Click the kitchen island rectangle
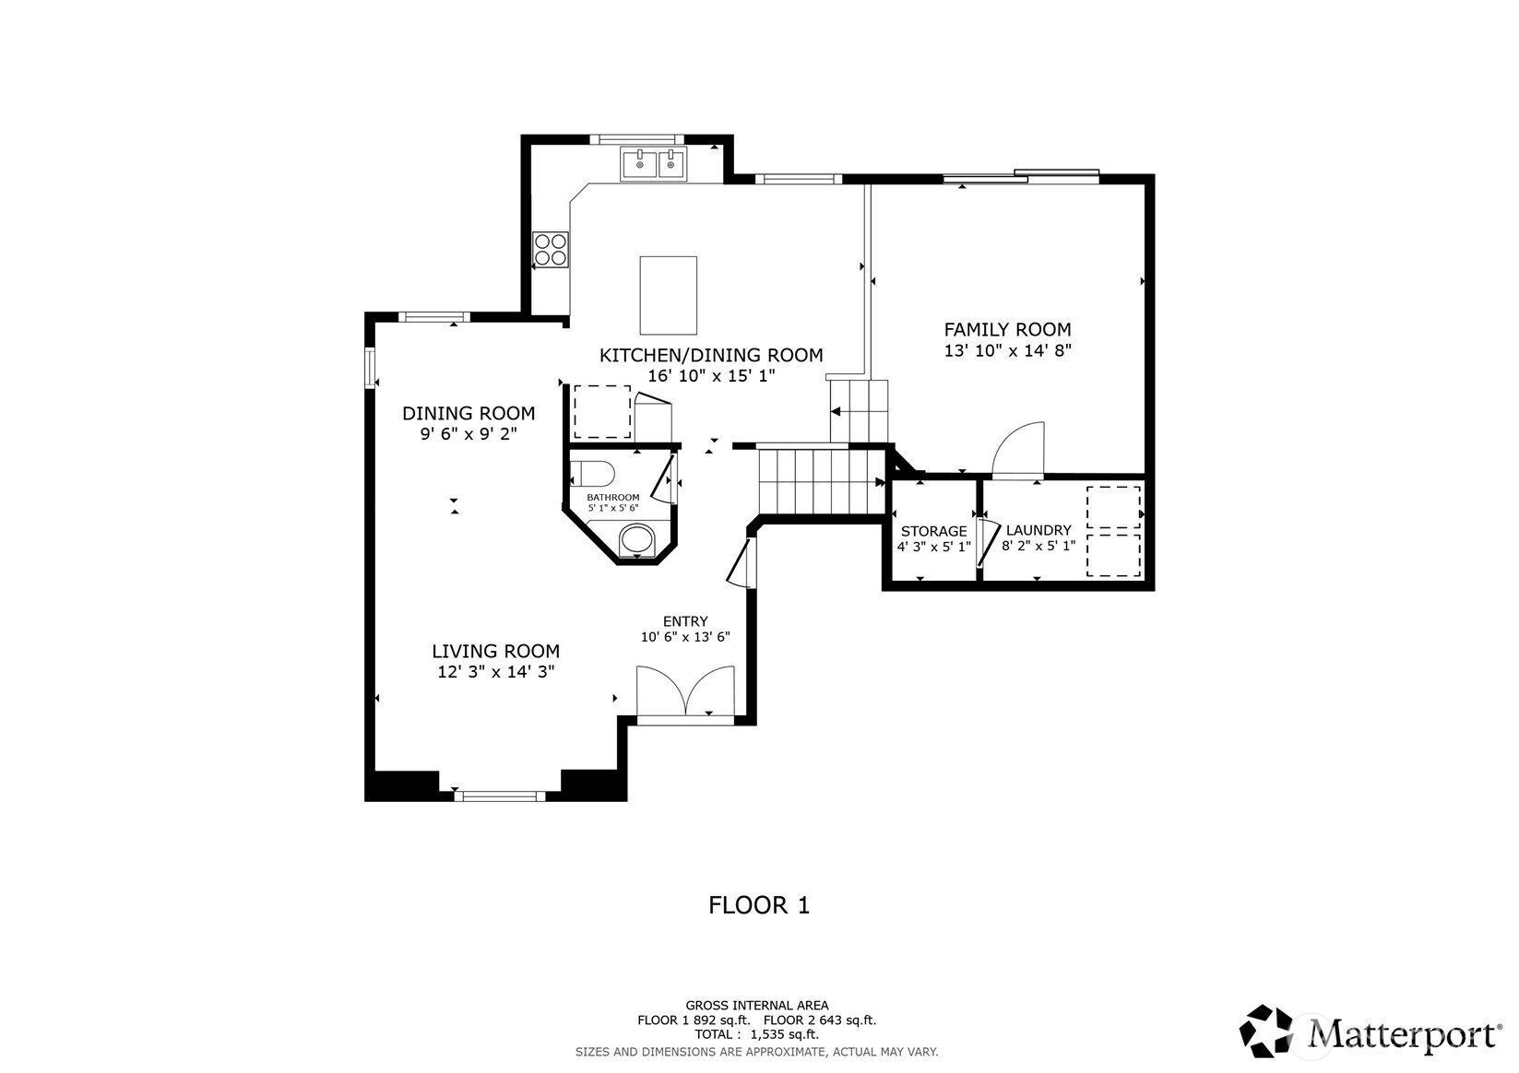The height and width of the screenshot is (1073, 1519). (x=668, y=295)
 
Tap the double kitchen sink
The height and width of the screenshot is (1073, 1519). (x=654, y=165)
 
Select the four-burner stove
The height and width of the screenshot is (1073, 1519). (x=551, y=250)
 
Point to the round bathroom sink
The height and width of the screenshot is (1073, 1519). (x=635, y=539)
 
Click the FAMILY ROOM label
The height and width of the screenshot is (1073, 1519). (x=1007, y=329)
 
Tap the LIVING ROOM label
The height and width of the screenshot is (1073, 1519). (x=495, y=651)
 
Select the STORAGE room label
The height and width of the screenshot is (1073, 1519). (x=933, y=531)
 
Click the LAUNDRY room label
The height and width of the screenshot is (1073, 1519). (x=1038, y=530)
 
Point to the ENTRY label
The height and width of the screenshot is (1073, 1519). (x=685, y=621)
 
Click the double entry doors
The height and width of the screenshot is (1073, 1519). (x=685, y=693)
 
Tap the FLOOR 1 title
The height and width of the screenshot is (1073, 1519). (x=758, y=905)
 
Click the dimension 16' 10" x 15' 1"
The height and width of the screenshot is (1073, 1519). (x=710, y=376)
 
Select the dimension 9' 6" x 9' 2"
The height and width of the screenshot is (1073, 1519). (x=469, y=433)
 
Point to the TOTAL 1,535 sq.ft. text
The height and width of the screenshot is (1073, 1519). (x=756, y=1034)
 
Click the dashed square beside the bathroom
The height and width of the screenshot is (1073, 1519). (x=602, y=412)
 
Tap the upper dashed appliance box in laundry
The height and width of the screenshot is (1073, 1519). (x=1113, y=506)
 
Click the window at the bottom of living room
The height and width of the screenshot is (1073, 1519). (x=499, y=795)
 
